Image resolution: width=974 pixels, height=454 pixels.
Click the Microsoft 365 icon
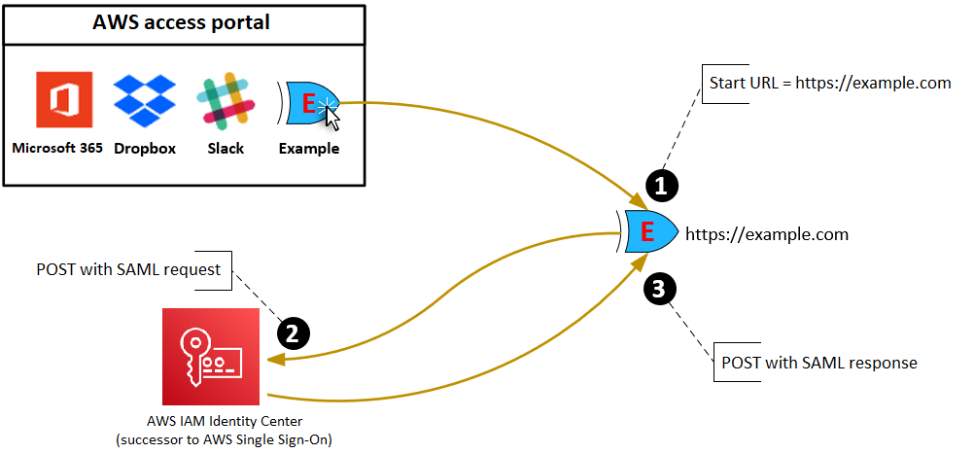pyautogui.click(x=63, y=99)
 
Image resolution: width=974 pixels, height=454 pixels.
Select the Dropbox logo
pyautogui.click(x=145, y=101)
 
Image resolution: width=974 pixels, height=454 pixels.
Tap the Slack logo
pyautogui.click(x=226, y=101)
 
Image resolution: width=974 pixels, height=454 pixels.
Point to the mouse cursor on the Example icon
pyautogui.click(x=333, y=119)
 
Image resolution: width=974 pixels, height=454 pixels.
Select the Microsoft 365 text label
pyautogui.click(x=57, y=149)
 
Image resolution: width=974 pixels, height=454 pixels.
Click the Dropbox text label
pyautogui.click(x=145, y=149)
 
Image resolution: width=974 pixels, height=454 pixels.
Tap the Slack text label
pyautogui.click(x=226, y=149)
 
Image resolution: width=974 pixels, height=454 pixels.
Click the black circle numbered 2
pyautogui.click(x=294, y=332)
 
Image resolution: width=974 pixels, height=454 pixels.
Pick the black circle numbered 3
pyautogui.click(x=660, y=288)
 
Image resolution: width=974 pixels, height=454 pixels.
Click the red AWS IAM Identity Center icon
pyautogui.click(x=211, y=357)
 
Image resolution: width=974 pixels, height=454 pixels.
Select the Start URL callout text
pyautogui.click(x=829, y=83)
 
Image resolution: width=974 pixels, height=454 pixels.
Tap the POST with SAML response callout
pyautogui.click(x=818, y=363)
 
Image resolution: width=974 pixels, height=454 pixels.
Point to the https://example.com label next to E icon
pyautogui.click(x=766, y=234)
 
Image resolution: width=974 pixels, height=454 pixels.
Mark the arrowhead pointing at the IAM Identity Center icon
pyautogui.click(x=273, y=360)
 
